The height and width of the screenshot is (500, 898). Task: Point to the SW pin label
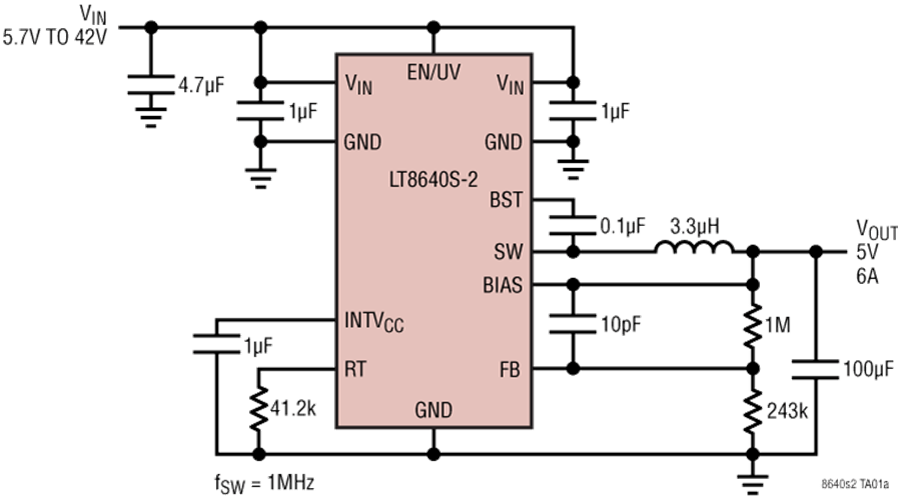[508, 250]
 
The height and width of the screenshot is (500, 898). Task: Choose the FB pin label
[510, 368]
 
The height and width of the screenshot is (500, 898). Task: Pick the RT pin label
[356, 368]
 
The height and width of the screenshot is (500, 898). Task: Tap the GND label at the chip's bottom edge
[432, 410]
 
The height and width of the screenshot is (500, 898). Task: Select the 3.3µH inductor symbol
[694, 247]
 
